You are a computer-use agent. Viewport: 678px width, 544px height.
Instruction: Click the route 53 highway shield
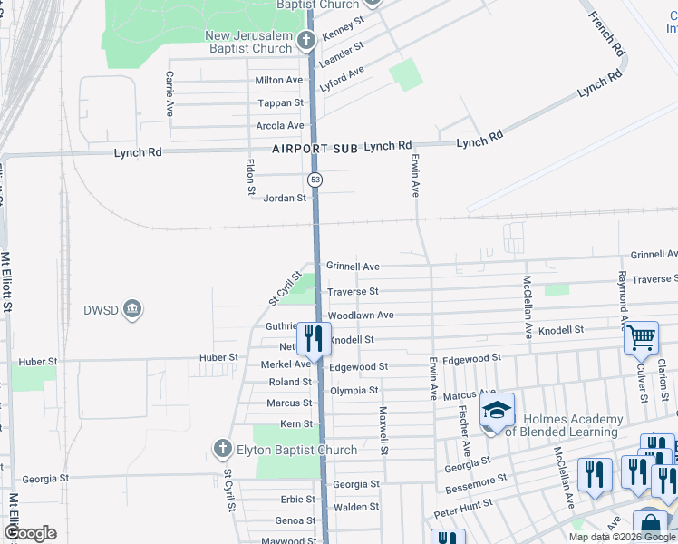tap(315, 180)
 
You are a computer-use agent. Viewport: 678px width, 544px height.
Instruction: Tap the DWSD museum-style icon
tap(132, 310)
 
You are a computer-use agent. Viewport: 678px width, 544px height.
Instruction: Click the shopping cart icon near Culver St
tap(641, 337)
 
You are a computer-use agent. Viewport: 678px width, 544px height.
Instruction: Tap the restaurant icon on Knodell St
tap(314, 338)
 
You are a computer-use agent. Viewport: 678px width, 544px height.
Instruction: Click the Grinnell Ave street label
tap(353, 267)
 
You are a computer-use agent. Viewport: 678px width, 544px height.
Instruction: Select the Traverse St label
tap(353, 291)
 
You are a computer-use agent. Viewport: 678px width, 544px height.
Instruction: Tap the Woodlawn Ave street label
tap(361, 316)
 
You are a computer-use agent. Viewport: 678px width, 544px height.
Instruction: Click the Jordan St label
tap(285, 198)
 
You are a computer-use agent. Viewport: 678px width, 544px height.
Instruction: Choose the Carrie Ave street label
tap(169, 94)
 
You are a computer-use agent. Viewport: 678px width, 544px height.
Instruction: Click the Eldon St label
tap(251, 178)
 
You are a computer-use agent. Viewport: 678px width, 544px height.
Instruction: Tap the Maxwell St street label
tap(383, 430)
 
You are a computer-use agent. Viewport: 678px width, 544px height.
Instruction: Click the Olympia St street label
tap(354, 391)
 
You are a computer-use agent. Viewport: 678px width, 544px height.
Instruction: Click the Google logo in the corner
tap(29, 533)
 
